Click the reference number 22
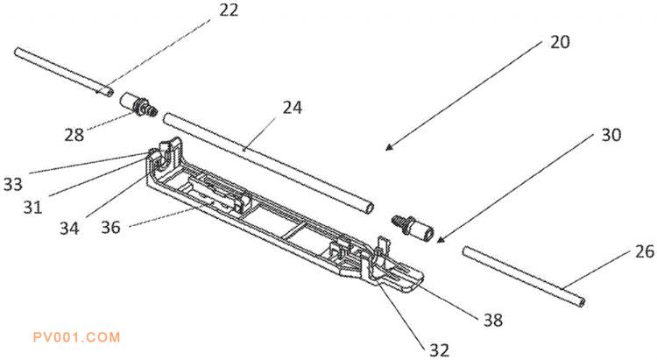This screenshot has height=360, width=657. (x=229, y=10)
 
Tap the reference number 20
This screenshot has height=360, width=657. (x=560, y=42)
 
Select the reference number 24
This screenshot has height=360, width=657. (x=292, y=108)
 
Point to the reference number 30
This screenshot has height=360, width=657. (x=611, y=135)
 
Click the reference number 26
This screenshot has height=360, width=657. (x=645, y=251)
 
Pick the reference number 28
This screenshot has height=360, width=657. (x=74, y=135)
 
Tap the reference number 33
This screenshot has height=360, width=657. (x=12, y=184)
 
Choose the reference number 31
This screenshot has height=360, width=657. (x=32, y=207)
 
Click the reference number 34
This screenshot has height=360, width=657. (x=69, y=229)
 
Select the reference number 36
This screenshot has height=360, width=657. (x=110, y=228)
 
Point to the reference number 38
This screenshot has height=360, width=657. (x=492, y=321)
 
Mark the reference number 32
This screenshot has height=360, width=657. (x=439, y=349)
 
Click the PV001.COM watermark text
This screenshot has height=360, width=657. (x=77, y=337)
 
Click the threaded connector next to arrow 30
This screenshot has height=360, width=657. (x=413, y=228)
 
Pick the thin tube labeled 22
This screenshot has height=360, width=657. (x=64, y=73)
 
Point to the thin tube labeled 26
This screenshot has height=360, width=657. (x=524, y=277)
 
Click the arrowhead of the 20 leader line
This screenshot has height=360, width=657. (x=388, y=148)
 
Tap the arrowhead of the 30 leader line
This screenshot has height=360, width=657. (x=440, y=240)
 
